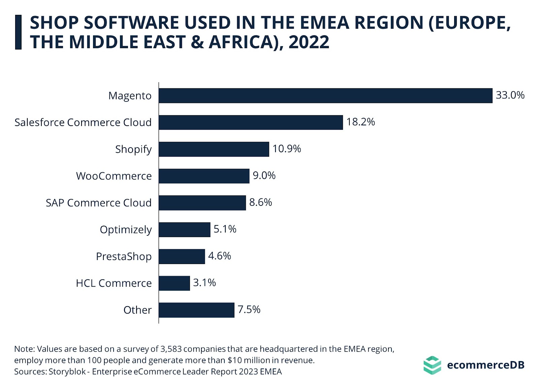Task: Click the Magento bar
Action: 325,96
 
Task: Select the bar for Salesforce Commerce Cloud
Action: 251,122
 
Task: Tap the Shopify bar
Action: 214,149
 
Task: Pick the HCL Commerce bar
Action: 174,283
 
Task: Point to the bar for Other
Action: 196,310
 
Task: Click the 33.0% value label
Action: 510,95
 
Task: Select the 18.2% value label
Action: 360,122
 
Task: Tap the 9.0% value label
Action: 264,175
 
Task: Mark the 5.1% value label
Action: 225,229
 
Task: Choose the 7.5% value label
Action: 249,310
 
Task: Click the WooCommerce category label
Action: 114,176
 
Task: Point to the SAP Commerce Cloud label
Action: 99,203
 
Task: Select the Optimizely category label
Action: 126,230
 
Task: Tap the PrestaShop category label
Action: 124,257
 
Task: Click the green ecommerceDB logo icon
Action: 432,365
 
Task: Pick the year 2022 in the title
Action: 309,42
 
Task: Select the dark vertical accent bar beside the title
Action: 18,32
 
